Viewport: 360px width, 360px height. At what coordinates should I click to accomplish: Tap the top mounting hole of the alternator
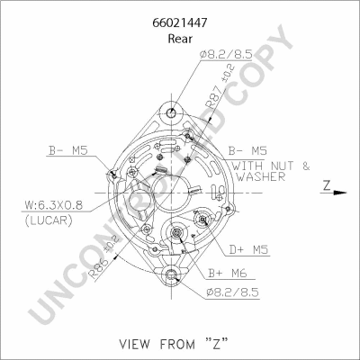pos(172,113)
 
